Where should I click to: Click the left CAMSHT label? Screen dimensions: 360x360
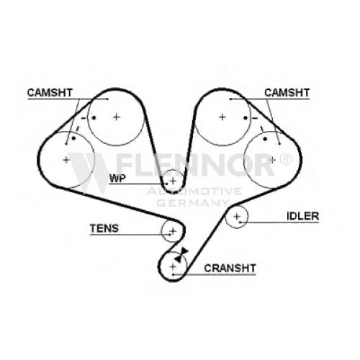[x=50, y=93]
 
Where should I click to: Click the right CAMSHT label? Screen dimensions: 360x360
[x=287, y=93]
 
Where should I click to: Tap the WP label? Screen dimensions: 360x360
[x=117, y=179]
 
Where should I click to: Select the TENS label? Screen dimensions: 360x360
[x=104, y=228]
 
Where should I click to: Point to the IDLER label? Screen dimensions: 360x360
[x=303, y=216]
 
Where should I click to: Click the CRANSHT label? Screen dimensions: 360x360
[x=230, y=268]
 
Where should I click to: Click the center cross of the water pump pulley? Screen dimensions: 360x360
[x=173, y=180]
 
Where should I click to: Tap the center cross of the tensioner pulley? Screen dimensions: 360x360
[x=173, y=231]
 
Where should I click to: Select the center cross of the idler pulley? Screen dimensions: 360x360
[x=237, y=217]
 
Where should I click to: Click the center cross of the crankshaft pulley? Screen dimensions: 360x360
[x=173, y=266]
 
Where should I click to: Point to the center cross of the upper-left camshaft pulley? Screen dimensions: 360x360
[x=117, y=117]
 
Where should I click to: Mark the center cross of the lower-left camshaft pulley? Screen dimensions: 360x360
[x=66, y=160]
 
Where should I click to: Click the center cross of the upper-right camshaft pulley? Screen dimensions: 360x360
[x=222, y=117]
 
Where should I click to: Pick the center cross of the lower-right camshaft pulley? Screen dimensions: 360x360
[x=272, y=160]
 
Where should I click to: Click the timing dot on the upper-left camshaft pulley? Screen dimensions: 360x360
[x=94, y=117]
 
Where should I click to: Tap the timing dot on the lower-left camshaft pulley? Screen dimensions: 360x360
[x=73, y=138]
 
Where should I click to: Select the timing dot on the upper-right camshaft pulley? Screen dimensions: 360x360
[x=246, y=118]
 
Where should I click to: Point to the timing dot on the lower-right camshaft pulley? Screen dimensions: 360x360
[x=265, y=139]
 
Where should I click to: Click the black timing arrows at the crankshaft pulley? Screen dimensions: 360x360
[x=181, y=255]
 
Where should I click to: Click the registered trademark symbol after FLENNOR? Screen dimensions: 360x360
[x=286, y=158]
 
